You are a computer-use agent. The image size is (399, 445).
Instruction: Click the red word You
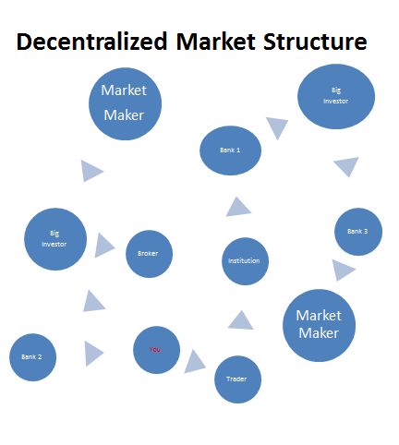click(154, 350)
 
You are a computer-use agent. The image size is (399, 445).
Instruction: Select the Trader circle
click(237, 379)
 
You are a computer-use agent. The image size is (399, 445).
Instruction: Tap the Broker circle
click(149, 254)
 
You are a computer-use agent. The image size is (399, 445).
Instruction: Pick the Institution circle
click(245, 261)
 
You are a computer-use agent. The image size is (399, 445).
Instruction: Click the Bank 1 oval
click(230, 150)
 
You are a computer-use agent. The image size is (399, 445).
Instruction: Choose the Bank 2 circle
click(32, 357)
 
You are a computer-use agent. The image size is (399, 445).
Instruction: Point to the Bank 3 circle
click(358, 232)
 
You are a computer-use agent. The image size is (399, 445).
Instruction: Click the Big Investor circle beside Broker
click(55, 239)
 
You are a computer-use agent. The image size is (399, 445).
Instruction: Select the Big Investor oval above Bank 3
click(336, 96)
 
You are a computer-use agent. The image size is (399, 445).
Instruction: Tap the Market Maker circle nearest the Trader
click(319, 325)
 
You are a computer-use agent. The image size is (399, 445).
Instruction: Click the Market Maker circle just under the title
click(125, 103)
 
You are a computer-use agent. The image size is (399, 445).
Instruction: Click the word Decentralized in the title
click(91, 42)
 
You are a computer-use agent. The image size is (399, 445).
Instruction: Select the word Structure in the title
click(315, 42)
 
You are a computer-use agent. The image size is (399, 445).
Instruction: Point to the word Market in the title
click(216, 42)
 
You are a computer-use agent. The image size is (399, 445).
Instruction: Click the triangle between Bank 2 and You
click(92, 354)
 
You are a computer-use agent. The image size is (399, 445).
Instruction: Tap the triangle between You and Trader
click(194, 363)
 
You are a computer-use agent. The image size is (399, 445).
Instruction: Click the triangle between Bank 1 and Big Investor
click(277, 126)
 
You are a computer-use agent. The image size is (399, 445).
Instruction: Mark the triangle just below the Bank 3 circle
click(342, 270)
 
